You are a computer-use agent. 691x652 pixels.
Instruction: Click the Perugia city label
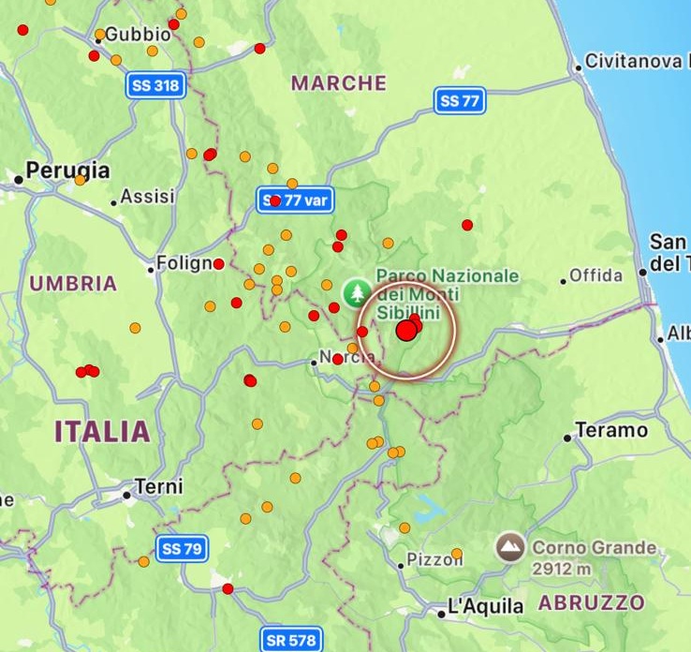67,170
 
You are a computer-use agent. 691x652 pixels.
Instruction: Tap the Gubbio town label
138,34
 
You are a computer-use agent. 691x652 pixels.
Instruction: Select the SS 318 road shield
155,86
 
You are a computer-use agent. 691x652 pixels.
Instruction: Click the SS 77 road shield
460,100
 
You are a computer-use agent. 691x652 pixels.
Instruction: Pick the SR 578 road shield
289,641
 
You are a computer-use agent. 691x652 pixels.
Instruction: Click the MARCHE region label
339,83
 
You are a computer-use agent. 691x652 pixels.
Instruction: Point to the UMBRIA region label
73,283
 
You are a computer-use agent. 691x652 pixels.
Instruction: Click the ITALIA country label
102,432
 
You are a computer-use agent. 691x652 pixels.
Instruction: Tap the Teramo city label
610,431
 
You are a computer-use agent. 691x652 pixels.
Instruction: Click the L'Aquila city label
485,607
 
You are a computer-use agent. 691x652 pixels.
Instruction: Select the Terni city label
158,487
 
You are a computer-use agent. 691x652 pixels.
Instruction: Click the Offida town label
596,275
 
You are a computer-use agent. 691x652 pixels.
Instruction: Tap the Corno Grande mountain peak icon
510,547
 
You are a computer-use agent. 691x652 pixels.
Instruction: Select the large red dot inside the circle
406,331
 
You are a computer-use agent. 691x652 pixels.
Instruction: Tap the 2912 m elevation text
563,569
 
